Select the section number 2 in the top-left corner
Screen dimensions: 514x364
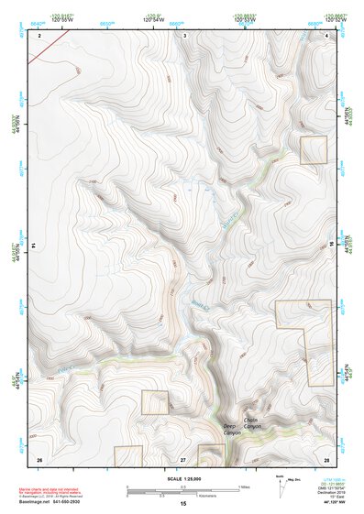click(40, 35)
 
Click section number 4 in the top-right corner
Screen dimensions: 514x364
click(328, 35)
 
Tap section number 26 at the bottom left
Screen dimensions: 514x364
click(39, 458)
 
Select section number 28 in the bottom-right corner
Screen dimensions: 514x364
click(326, 458)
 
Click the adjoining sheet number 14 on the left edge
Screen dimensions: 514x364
click(32, 246)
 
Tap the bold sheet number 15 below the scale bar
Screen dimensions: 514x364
click(182, 504)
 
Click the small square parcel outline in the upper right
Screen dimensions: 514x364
click(314, 150)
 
